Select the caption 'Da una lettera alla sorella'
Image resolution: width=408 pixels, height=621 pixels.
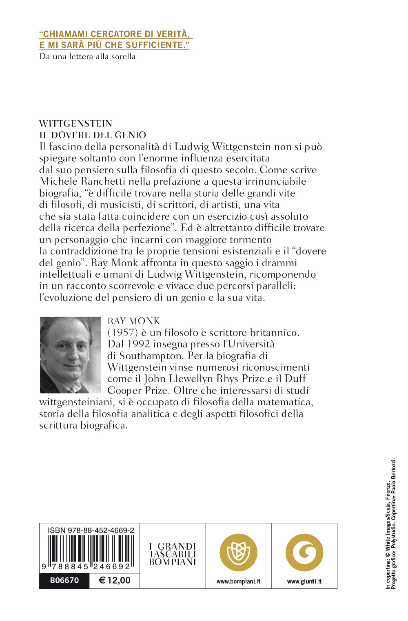click(x=87, y=57)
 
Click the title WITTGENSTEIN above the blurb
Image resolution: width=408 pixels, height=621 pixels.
click(x=75, y=124)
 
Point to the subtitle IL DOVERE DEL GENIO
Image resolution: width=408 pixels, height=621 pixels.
click(x=93, y=135)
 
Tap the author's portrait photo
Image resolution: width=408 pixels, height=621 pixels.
click(x=70, y=355)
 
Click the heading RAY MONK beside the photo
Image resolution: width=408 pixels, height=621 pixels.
click(x=133, y=321)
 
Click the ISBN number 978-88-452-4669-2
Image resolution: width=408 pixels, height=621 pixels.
click(x=91, y=530)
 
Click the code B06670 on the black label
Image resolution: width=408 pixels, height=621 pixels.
click(x=64, y=580)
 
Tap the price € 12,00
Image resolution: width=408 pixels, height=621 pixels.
click(x=114, y=580)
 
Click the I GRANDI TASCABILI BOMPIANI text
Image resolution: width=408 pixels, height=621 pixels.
click(x=173, y=554)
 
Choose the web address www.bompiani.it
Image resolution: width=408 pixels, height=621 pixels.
click(x=238, y=581)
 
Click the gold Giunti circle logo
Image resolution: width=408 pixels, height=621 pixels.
click(x=304, y=552)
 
